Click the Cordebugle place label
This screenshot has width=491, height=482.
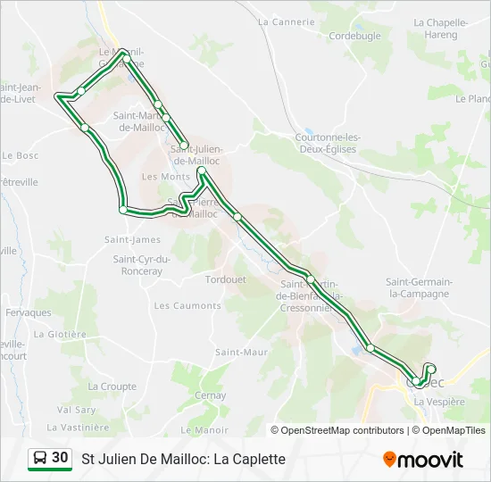point(354,36)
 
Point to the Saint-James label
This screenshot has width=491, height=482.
point(132,239)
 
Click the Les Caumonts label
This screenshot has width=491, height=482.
point(187,305)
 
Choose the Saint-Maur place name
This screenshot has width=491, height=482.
point(241,352)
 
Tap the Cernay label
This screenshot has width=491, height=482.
point(210,395)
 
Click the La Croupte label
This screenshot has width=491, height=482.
point(112,386)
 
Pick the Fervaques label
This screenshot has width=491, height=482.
point(29,312)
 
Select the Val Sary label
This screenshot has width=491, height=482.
point(76,410)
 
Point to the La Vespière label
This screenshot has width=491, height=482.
point(439,402)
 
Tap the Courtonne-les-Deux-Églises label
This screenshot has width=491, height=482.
point(327,143)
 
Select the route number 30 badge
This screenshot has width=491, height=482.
point(60,458)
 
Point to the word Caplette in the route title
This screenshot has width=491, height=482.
point(260,459)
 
